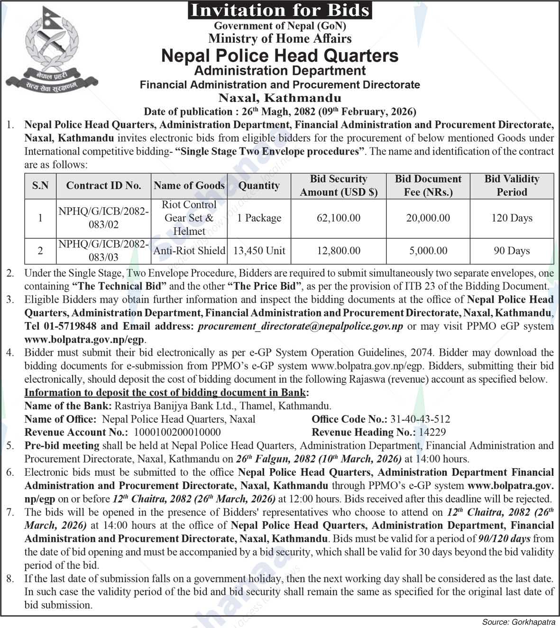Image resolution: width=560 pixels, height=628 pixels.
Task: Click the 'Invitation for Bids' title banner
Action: coord(280,10)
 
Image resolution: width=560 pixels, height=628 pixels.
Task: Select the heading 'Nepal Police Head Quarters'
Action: coord(280,55)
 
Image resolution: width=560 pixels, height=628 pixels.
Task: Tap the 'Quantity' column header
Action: coord(259,185)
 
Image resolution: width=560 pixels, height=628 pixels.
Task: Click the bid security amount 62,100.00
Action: coord(339,218)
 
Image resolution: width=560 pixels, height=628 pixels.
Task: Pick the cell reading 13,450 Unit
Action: coord(259,250)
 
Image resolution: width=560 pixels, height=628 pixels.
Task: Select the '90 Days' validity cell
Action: coord(512,250)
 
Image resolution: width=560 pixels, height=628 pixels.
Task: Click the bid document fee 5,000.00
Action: coord(428,250)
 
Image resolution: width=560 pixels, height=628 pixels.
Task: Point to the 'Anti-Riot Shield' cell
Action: coord(189,250)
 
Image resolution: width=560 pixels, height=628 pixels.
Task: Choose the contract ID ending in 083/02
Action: coord(103,218)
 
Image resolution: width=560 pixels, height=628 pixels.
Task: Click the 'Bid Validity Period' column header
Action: coord(512,185)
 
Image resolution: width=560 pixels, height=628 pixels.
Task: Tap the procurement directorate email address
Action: coord(301,326)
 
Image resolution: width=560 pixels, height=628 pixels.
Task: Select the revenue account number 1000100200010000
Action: coord(177,432)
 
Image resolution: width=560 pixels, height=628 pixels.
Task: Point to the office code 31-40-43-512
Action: coord(420,419)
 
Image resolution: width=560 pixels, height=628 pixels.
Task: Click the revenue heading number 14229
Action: coord(431,432)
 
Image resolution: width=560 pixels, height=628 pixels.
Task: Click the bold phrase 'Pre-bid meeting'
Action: coord(62,445)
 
